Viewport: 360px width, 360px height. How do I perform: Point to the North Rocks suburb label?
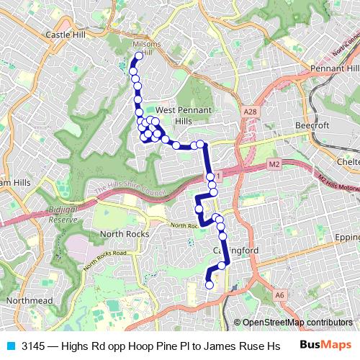(125, 234)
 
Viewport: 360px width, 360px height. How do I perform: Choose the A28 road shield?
(250, 112)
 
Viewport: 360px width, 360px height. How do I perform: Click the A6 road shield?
(279, 294)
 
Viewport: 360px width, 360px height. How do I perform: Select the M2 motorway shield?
(274, 165)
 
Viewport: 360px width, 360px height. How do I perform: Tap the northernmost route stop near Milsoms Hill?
(139, 55)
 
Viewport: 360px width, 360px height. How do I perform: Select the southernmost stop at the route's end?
(210, 285)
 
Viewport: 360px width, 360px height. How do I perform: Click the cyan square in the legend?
(10, 346)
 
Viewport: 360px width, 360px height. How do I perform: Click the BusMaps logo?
(325, 345)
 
